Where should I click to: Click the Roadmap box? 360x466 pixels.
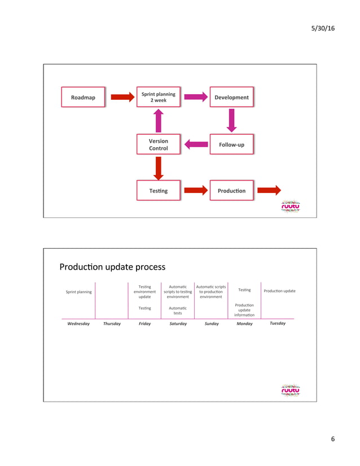83,97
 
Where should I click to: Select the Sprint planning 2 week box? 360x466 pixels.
158,97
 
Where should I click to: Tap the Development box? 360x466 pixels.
231,97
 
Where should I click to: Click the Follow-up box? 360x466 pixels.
231,144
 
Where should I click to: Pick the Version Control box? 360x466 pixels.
158,144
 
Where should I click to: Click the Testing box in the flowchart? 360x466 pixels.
158,191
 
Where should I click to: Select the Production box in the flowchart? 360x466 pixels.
231,191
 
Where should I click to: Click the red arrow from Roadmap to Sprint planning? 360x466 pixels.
122,97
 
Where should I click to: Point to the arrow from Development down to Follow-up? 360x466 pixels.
231,120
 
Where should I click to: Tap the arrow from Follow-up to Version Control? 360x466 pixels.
196,144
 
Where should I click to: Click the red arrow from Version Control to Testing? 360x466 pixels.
159,168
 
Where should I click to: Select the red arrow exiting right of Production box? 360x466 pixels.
269,191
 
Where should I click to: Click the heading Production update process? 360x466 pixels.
112,266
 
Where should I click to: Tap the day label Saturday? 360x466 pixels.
178,324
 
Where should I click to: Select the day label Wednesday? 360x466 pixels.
78,324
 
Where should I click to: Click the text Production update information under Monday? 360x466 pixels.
244,310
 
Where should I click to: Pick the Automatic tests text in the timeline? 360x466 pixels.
178,310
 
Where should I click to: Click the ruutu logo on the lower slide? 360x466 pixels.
291,390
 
